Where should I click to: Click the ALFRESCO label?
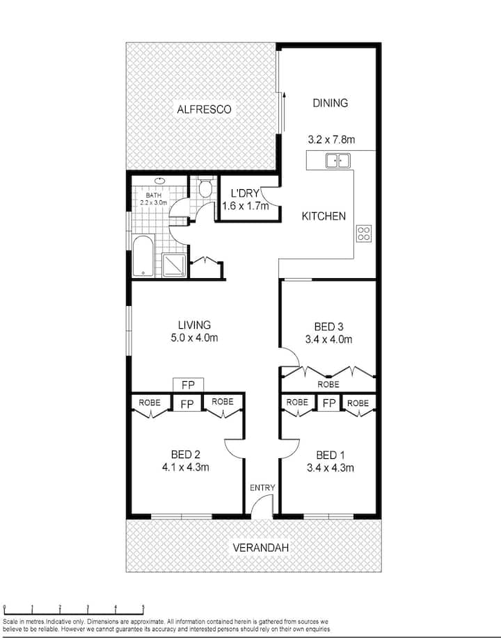204,109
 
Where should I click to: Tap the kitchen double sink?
337,161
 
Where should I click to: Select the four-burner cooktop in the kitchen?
363,234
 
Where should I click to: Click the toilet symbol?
205,188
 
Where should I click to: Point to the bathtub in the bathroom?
143,256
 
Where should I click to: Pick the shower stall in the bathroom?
175,266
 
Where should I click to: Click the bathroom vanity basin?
159,181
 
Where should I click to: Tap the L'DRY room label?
245,193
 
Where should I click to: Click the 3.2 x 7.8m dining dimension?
331,140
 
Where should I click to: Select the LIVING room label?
195,325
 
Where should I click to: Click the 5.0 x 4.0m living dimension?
194,338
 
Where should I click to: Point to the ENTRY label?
262,488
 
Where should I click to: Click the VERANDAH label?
261,548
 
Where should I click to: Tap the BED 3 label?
329,326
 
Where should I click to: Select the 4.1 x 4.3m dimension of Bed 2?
186,467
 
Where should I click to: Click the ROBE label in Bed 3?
328,385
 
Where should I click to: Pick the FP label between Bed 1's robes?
329,403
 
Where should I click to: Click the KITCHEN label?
324,216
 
